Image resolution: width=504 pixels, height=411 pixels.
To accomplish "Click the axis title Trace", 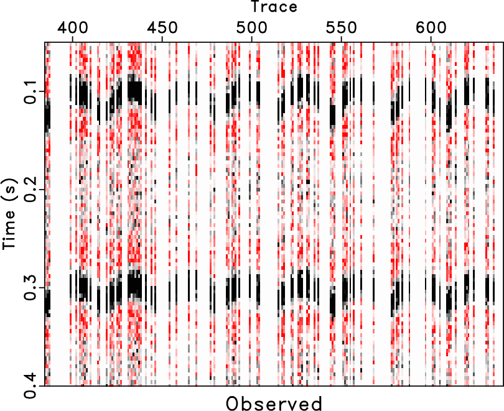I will [274, 7].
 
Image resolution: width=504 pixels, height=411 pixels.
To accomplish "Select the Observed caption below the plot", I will [274, 403].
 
